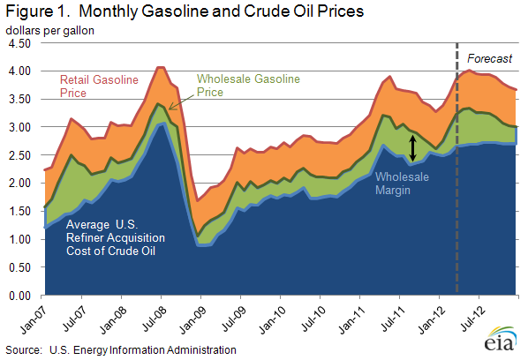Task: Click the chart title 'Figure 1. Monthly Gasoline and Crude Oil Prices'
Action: tap(185, 11)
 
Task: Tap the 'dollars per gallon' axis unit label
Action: tap(49, 31)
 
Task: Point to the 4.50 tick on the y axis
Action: tap(19, 43)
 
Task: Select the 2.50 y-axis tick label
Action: tap(19, 155)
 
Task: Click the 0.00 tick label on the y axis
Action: tap(19, 296)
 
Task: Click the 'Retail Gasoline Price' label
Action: tap(99, 86)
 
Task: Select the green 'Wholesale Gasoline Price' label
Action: tap(248, 85)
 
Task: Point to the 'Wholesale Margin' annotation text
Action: tap(402, 184)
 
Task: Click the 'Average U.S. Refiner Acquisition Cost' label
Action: tap(116, 237)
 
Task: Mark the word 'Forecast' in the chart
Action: tap(489, 58)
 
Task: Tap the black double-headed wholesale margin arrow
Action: tap(413, 147)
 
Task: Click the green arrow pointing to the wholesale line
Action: tap(181, 102)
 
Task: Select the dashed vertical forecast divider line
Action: tap(457, 168)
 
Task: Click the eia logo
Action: tap(501, 339)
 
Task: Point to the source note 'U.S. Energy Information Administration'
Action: tap(143, 350)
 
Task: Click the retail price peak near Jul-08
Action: tap(161, 68)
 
